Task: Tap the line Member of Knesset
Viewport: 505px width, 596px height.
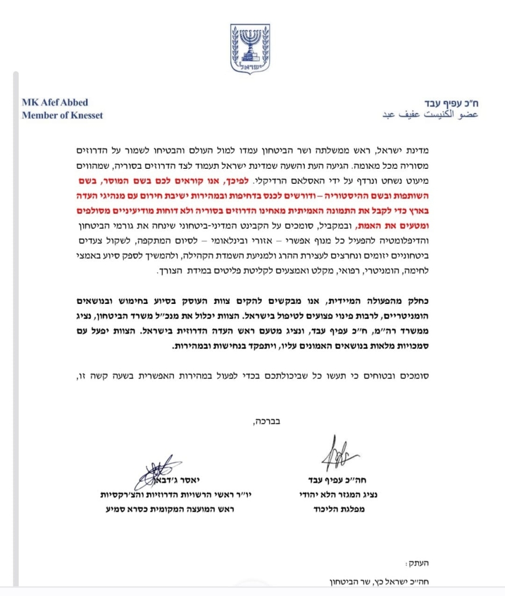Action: point(62,115)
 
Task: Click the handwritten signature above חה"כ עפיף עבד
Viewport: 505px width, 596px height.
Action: point(340,454)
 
